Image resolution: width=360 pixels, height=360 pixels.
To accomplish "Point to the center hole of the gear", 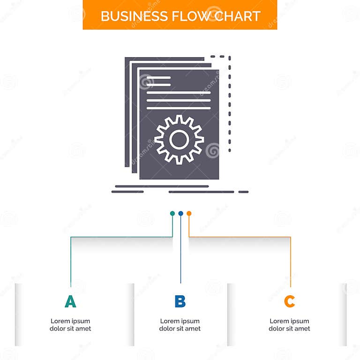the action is [x=179, y=139].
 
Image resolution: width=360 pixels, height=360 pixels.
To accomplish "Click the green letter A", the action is [x=70, y=301].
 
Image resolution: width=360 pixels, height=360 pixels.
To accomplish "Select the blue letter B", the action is [x=180, y=301].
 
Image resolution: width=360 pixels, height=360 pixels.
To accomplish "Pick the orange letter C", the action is [x=289, y=301].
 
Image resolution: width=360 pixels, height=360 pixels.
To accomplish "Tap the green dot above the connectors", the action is [x=172, y=213].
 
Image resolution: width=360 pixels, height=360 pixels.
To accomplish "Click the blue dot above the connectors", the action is [x=180, y=213].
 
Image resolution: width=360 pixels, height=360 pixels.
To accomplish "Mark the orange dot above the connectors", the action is [x=189, y=213].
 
